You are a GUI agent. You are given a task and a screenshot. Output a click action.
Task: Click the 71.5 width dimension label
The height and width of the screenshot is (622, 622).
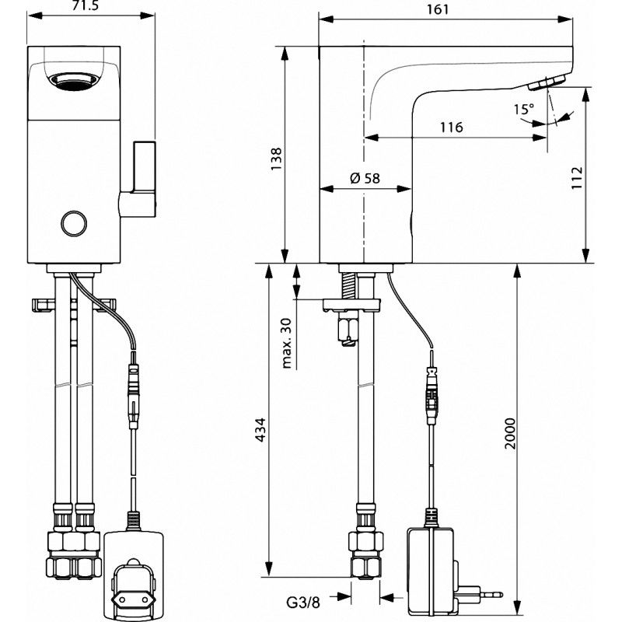pyautogui.click(x=86, y=5)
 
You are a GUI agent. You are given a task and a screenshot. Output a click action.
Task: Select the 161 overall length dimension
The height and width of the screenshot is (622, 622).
pyautogui.click(x=438, y=9)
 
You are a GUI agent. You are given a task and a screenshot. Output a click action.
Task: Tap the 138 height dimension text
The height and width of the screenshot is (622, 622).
pyautogui.click(x=276, y=159)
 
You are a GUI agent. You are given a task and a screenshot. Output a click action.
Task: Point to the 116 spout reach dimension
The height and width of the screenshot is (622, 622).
pyautogui.click(x=452, y=127)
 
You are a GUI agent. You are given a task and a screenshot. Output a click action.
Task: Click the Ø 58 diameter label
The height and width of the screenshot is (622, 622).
pyautogui.click(x=365, y=178)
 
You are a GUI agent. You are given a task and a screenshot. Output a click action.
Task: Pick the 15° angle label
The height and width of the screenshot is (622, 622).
pyautogui.click(x=523, y=109)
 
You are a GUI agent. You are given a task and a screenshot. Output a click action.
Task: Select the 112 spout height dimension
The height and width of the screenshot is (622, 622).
pyautogui.click(x=577, y=178)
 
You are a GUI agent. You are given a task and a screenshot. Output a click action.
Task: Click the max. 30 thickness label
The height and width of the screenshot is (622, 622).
pyautogui.click(x=286, y=344)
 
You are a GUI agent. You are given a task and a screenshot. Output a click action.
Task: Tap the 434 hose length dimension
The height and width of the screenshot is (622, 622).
pyautogui.click(x=260, y=430)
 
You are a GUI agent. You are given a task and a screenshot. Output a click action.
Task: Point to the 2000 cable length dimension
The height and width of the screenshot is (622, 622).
pyautogui.click(x=510, y=433)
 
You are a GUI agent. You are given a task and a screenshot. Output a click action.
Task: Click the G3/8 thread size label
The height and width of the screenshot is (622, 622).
pyautogui.click(x=302, y=603)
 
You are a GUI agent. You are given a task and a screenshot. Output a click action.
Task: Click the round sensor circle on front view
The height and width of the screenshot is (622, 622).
pyautogui.click(x=74, y=223)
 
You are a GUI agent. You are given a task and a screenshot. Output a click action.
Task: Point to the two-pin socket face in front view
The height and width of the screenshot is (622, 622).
pyautogui.click(x=131, y=589)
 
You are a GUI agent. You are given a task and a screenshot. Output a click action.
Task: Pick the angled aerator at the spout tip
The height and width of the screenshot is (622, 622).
pyautogui.click(x=547, y=83)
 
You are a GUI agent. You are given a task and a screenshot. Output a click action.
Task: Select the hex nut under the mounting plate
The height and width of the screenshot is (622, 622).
pyautogui.click(x=348, y=329)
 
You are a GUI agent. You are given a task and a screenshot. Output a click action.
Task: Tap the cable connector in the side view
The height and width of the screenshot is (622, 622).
pyautogui.click(x=432, y=396)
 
